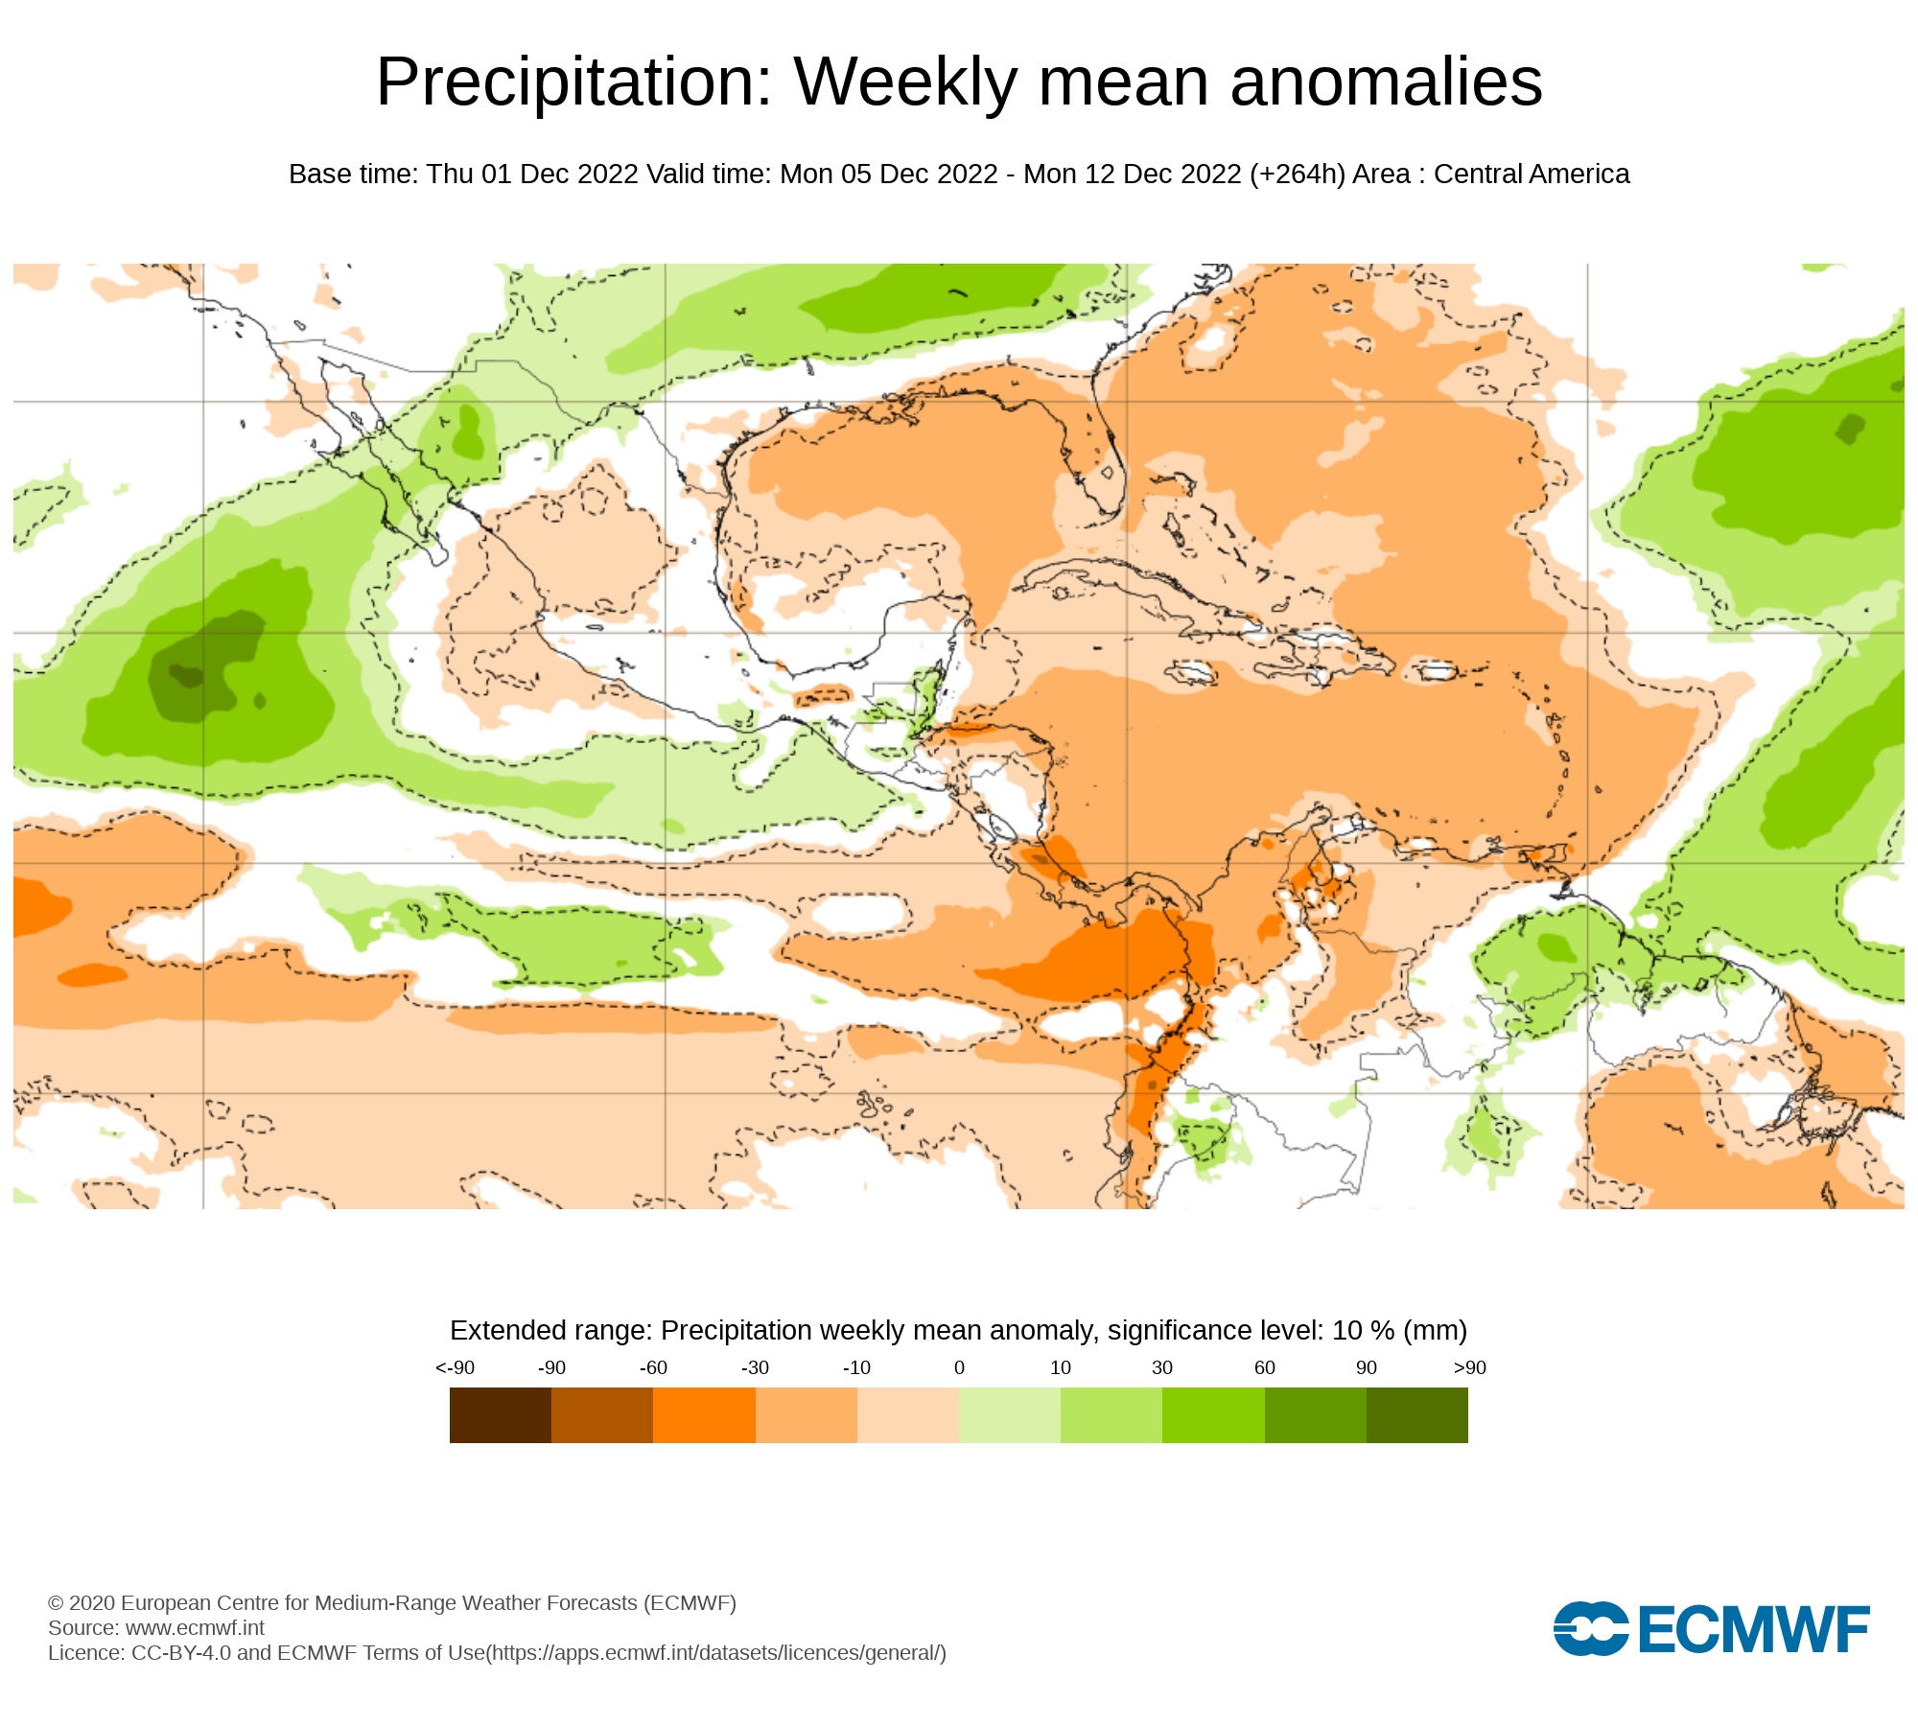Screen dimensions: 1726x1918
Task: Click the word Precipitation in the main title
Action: click(573, 82)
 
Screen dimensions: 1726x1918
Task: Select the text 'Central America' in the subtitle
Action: click(1532, 175)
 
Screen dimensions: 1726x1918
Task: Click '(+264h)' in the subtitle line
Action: click(1298, 175)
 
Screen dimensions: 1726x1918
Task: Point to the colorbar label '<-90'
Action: click(455, 1368)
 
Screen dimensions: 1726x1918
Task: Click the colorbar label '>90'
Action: click(1469, 1368)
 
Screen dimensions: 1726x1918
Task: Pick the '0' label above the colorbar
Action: click(959, 1368)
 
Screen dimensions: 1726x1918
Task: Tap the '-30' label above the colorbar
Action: click(755, 1368)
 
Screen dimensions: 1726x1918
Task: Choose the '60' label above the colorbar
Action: click(1265, 1368)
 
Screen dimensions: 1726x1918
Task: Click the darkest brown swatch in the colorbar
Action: click(501, 1415)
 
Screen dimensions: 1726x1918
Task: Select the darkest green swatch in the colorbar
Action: click(1417, 1415)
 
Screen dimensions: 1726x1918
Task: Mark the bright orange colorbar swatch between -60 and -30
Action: click(704, 1415)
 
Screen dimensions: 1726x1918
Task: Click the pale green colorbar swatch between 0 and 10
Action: click(1010, 1415)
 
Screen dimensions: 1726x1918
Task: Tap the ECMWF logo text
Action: click(1754, 1629)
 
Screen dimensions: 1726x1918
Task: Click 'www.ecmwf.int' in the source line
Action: click(195, 1628)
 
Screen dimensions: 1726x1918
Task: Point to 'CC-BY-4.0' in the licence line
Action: click(181, 1653)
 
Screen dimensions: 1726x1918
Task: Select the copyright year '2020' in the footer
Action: click(92, 1603)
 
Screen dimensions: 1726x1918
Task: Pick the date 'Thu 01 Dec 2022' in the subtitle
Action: click(532, 175)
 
